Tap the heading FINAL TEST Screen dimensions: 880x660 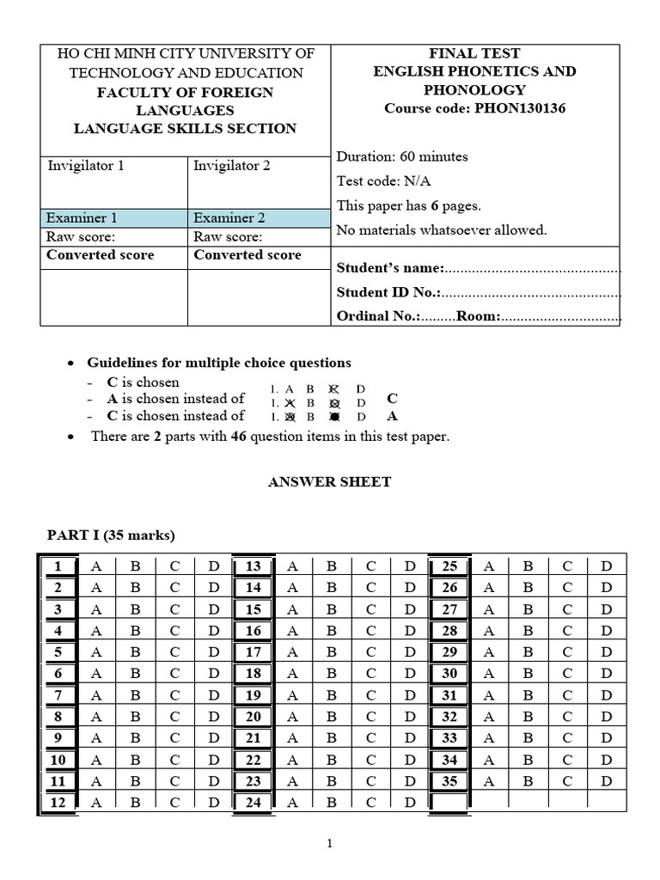coord(474,53)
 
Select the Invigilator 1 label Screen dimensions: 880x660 coord(86,166)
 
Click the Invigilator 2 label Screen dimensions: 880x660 coord(232,166)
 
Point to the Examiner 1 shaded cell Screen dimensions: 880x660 coord(113,218)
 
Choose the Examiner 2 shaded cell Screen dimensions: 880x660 coord(258,218)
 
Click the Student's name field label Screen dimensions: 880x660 coord(390,268)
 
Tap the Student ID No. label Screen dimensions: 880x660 coord(388,292)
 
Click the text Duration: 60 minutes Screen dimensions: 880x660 coord(402,156)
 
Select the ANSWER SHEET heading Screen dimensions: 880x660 coord(330,482)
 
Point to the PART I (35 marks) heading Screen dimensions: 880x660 coord(111,535)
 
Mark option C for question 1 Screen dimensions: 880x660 coord(174,566)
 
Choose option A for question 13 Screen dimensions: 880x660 coord(293,566)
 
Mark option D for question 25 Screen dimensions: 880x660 coord(607,566)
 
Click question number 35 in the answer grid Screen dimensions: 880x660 coord(449,781)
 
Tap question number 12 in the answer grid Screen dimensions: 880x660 coord(58,803)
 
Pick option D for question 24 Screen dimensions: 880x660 coord(410,803)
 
